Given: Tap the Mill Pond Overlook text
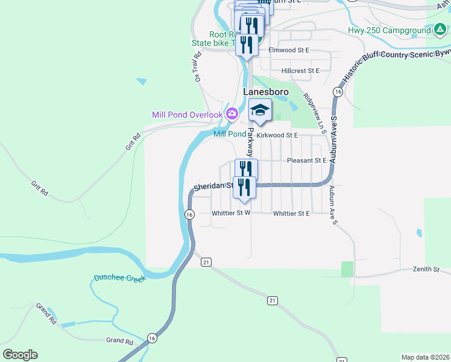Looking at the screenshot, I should click(187, 115).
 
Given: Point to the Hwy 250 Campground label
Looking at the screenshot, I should click(389, 30).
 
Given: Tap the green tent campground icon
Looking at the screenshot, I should click(441, 30).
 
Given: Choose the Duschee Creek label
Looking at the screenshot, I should click(120, 278).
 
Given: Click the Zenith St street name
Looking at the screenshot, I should click(426, 268).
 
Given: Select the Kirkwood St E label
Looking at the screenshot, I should click(278, 136).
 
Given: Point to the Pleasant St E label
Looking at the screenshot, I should click(306, 160).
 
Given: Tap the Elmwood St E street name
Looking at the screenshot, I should click(289, 50).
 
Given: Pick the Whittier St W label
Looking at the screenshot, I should click(231, 213).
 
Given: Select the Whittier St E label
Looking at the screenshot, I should click(291, 214).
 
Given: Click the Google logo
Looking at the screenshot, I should click(20, 354).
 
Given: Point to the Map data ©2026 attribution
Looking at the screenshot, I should click(425, 357).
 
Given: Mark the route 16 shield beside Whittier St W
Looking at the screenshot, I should click(190, 215).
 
